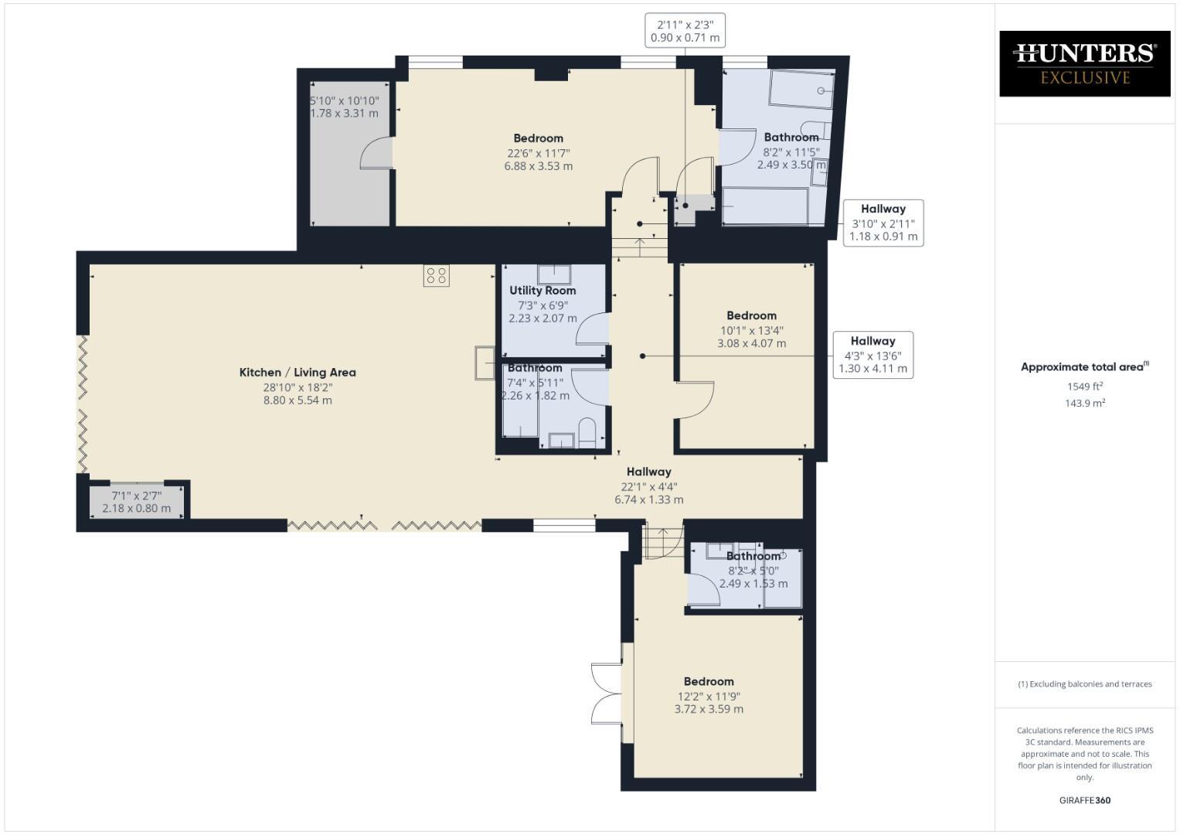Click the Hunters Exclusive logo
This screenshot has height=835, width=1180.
tap(1084, 63)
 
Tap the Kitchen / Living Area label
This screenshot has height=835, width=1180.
tap(298, 373)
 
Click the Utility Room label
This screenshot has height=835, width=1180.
tap(542, 291)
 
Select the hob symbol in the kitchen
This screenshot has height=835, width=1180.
tap(437, 276)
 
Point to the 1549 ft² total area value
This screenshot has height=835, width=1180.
tap(1085, 386)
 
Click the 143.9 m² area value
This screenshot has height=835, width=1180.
tap(1085, 403)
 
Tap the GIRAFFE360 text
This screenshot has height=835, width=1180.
tap(1084, 800)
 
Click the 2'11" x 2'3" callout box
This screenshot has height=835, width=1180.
tap(685, 30)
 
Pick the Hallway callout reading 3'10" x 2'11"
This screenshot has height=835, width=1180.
tap(883, 223)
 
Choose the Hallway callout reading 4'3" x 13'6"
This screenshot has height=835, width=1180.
tap(872, 355)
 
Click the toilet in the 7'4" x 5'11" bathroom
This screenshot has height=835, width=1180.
tap(587, 433)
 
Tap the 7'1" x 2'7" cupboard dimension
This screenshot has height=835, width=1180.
tap(137, 502)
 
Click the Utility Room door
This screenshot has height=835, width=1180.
tap(593, 329)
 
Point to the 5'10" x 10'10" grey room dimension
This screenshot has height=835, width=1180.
tap(345, 107)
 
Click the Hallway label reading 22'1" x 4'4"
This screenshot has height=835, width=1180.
tap(649, 486)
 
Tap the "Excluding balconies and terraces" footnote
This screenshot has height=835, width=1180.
tap(1085, 684)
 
